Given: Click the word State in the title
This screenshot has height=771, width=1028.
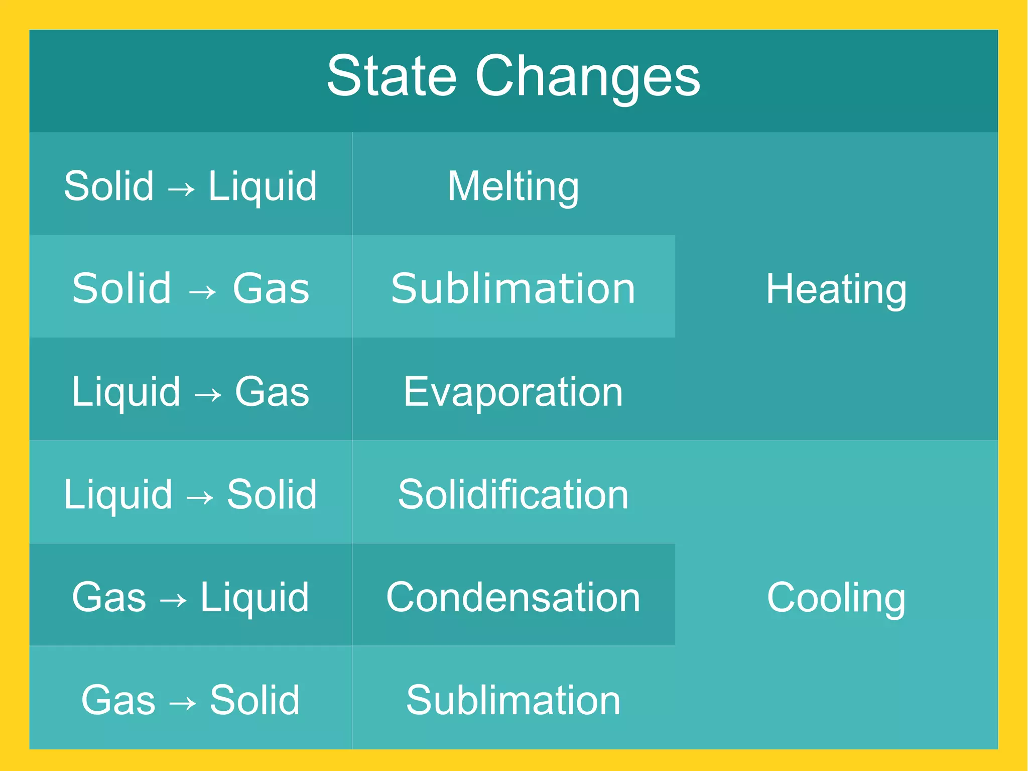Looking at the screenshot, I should click(x=392, y=76).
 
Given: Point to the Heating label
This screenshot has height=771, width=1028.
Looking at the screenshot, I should click(x=836, y=289).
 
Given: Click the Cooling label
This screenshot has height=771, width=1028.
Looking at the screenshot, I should click(x=836, y=598).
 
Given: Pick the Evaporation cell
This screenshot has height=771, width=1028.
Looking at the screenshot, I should click(x=513, y=392).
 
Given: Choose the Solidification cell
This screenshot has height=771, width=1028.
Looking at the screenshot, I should click(x=513, y=495).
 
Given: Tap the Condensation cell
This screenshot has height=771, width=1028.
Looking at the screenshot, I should click(x=513, y=598).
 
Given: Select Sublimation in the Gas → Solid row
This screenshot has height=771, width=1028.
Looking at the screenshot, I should click(x=513, y=700).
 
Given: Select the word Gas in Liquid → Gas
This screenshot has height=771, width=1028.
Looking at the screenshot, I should click(x=272, y=392).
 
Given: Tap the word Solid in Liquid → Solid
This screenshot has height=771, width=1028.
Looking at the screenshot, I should click(x=272, y=495).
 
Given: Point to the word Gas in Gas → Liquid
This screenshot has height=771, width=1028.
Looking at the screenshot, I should click(x=109, y=598).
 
